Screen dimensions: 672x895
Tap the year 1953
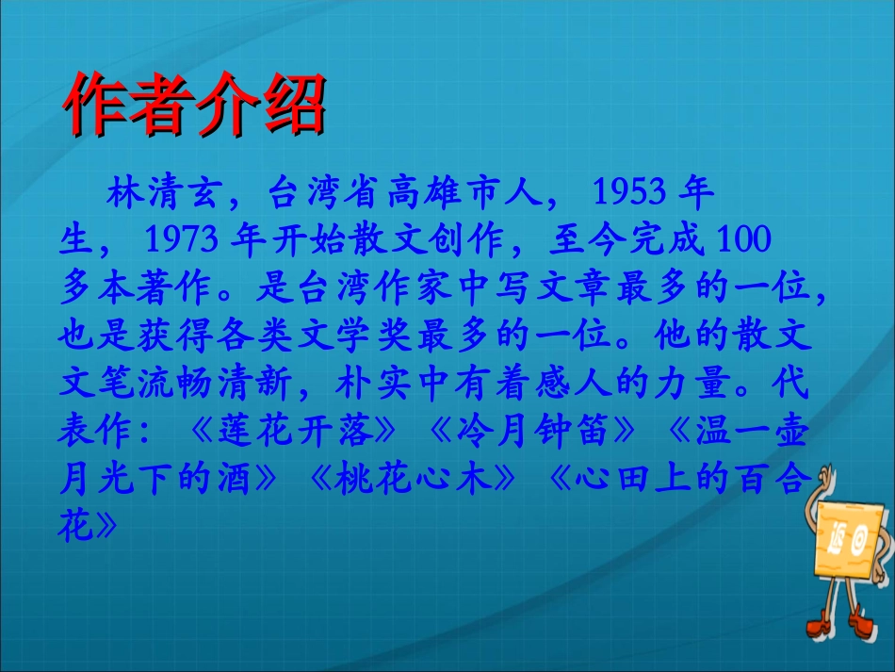[630, 195]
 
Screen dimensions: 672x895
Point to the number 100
[744, 243]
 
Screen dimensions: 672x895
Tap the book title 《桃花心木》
[413, 480]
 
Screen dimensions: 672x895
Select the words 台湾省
[322, 195]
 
